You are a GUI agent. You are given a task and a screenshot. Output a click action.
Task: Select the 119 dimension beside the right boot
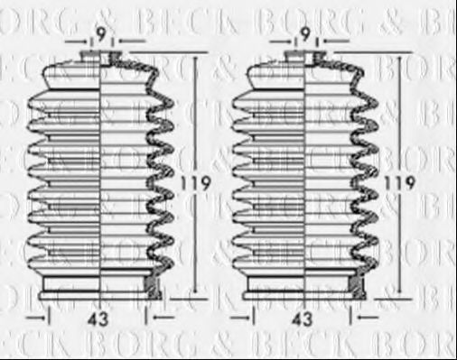tap(404, 183)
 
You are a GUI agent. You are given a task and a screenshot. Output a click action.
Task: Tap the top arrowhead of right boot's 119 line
tap(397, 56)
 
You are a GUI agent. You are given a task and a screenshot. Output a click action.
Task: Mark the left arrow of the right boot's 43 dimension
tap(242, 318)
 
